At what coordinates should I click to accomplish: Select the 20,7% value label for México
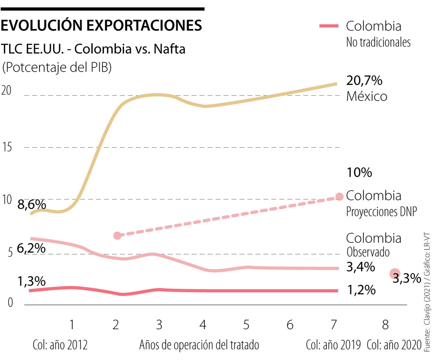364,81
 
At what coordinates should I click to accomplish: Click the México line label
366,96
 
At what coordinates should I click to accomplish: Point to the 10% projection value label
360,173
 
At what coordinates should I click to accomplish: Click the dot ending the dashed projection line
339,196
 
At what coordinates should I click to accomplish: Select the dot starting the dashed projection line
117,236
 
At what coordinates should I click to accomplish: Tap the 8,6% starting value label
32,205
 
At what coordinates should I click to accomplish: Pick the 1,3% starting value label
31,281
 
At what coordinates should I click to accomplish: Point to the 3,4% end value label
360,267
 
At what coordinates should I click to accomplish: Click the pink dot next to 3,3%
394,273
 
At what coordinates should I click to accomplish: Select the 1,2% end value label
361,290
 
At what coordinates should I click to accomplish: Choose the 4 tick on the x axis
203,325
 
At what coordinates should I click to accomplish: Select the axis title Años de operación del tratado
199,344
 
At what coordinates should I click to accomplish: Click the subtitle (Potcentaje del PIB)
57,67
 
